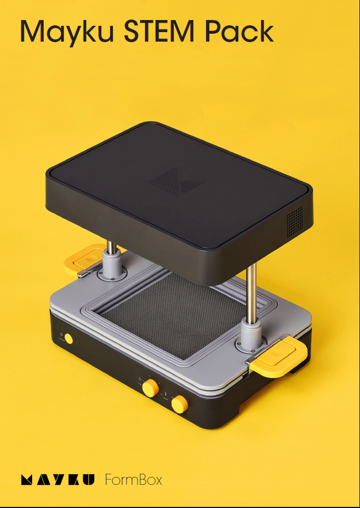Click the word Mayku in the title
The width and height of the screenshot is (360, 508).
coord(66,32)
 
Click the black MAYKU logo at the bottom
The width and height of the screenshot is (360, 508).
coord(57,480)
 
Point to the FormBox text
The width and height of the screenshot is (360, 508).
coord(133,480)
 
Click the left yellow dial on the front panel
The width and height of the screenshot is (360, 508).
coord(150,387)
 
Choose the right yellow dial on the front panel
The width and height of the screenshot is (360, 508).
coord(179,404)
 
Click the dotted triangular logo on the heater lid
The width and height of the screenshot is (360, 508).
coord(177,182)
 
